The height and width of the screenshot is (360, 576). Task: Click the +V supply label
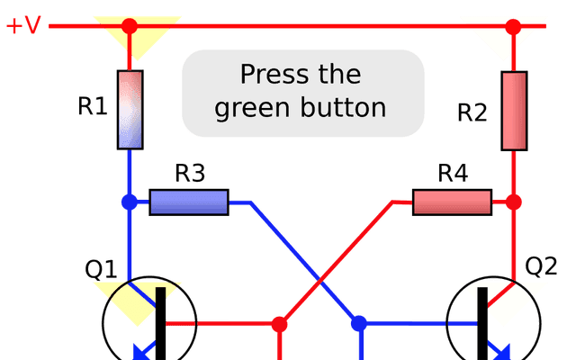point(23,25)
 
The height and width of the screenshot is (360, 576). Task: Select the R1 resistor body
point(130,110)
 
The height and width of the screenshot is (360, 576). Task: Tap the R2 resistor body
point(514,111)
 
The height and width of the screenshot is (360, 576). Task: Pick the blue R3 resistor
point(189,202)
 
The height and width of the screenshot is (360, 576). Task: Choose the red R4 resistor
point(452,202)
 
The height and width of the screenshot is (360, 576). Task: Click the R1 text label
point(93,106)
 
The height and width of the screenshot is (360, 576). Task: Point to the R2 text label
point(472,112)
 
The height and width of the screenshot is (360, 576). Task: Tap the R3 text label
point(190,173)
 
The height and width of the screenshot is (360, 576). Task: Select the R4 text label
point(453,173)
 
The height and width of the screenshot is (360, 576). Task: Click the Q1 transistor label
point(101,269)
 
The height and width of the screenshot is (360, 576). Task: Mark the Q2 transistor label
point(541,266)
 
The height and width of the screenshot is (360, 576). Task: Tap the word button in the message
point(344,107)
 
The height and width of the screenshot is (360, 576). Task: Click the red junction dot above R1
point(130,26)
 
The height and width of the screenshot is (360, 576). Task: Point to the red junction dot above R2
point(513,27)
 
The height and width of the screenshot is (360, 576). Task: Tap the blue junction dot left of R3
point(130,202)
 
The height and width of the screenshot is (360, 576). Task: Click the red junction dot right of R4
point(514,202)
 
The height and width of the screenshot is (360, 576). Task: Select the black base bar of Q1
point(160,323)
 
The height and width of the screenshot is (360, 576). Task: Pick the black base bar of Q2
point(482,323)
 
